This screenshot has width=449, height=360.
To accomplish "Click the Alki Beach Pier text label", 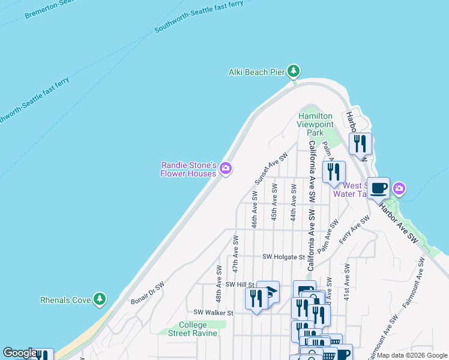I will pyautogui.click(x=256, y=72).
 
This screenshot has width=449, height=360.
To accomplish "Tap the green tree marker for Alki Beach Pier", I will pyautogui.click(x=294, y=71).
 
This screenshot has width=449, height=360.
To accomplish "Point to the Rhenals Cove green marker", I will pyautogui.click(x=100, y=299).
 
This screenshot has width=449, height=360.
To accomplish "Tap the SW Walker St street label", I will pyautogui.click(x=213, y=313).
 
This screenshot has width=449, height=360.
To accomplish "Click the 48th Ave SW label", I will pyautogui.click(x=220, y=284).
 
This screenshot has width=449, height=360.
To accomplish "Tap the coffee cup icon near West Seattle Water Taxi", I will pyautogui.click(x=378, y=188).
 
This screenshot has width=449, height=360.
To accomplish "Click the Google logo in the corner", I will pyautogui.click(x=20, y=353).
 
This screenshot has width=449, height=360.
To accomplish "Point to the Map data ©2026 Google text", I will pyautogui.click(x=412, y=355).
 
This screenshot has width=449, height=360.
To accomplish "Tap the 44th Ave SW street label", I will pyautogui.click(x=294, y=203).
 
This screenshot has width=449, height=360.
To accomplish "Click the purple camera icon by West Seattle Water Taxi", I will pyautogui.click(x=399, y=190).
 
